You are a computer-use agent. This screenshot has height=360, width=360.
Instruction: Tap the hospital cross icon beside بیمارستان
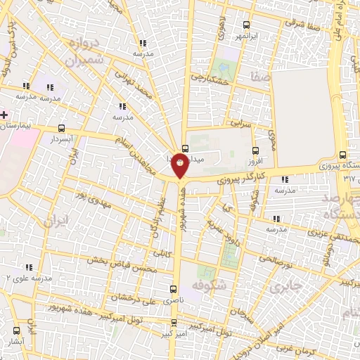(x=4, y=114)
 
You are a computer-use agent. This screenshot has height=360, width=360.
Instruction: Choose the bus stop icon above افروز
(x=255, y=150)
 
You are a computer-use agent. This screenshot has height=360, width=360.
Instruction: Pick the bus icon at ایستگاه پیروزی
(x=342, y=155)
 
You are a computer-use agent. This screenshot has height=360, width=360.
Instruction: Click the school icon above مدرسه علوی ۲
(x=29, y=267)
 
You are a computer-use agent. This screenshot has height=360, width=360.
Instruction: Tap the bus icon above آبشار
(x=15, y=330)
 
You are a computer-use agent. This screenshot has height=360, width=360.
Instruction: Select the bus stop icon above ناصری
(x=174, y=288)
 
